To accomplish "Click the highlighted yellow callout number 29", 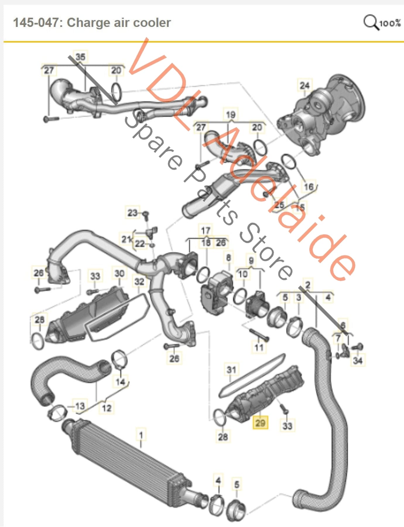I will click(260, 423).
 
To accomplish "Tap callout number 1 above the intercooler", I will click(141, 435).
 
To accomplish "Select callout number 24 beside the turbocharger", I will click(304, 85).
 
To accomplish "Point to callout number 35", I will click(80, 57).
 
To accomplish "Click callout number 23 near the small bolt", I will click(132, 213).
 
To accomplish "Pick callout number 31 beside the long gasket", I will click(231, 369).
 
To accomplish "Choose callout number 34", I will click(358, 360).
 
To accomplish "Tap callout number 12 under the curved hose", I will click(107, 408).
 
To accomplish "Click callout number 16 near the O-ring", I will click(309, 186).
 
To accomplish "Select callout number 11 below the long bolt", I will click(259, 348).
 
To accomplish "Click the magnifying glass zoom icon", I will click(371, 22).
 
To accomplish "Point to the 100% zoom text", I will click(390, 23).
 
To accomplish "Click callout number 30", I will click(119, 273).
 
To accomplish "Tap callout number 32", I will click(139, 282).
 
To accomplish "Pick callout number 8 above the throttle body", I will click(228, 258).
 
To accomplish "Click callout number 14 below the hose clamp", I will click(120, 381).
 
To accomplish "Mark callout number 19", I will click(230, 114).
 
